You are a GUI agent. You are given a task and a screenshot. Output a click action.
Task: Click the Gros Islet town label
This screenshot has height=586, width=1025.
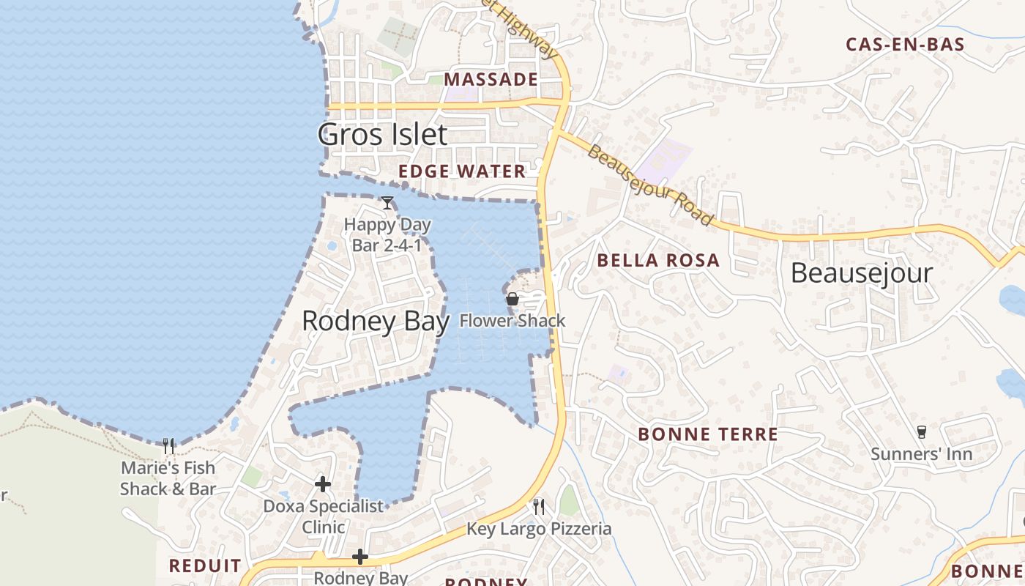point(382,135)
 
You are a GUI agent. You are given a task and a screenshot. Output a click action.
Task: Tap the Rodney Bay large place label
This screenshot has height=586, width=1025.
point(376,321)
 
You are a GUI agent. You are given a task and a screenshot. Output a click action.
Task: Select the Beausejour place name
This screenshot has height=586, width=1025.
point(862,273)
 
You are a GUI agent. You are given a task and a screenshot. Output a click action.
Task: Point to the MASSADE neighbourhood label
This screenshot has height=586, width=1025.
point(491,79)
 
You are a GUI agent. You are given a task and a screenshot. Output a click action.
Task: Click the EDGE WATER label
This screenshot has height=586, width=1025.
point(462,171)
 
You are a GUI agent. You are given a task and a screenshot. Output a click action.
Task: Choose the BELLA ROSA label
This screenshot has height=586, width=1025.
point(658,260)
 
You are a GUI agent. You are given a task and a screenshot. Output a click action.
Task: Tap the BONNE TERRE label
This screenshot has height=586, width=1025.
point(708,434)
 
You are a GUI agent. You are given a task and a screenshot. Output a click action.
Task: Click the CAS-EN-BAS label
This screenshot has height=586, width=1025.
point(905,44)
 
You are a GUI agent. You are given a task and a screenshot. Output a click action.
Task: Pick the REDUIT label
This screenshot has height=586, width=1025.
point(205,565)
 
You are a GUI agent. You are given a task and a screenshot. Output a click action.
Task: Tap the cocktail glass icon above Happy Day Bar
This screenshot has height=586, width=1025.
point(387,203)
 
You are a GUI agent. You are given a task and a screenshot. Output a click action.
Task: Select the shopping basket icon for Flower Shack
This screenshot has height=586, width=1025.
point(512,299)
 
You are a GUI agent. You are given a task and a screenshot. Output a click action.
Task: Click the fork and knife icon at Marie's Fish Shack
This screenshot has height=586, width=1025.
point(168,445)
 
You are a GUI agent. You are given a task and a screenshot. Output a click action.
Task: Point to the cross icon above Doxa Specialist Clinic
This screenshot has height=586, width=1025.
point(323,484)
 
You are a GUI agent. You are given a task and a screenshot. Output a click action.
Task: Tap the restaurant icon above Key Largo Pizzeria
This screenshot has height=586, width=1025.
point(539,506)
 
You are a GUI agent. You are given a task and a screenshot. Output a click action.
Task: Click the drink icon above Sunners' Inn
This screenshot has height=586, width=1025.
point(922,432)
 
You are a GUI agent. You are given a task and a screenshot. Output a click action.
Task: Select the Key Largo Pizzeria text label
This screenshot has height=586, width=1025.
point(539,529)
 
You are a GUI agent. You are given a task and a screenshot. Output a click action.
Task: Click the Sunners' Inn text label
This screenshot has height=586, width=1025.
point(921,454)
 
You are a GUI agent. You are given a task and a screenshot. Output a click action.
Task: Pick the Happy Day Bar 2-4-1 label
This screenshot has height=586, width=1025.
point(387,234)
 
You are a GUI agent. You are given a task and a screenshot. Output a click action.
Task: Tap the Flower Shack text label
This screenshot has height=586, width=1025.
point(512,320)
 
